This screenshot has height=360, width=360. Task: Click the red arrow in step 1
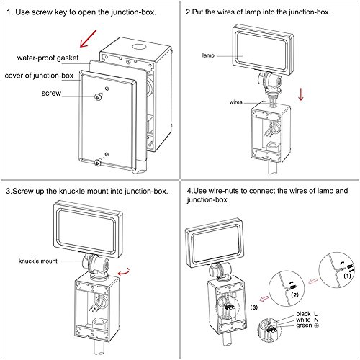coord(88,39)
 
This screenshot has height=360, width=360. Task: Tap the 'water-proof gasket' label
coord(48,58)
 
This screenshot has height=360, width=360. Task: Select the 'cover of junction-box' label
coord(39,76)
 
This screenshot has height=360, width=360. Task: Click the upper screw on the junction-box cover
coord(97,96)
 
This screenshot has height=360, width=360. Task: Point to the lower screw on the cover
coord(98,163)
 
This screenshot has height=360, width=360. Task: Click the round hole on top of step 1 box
coord(138,46)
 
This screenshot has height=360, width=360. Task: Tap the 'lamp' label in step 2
coord(208,55)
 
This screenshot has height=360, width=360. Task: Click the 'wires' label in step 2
coord(235,102)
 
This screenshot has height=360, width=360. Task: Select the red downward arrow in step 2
coord(301,94)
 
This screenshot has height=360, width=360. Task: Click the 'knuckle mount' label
coord(38,261)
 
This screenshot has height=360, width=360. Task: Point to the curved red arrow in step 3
coord(124,272)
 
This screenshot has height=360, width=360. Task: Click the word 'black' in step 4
coord(303,314)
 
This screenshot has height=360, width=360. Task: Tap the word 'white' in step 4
coord(303,320)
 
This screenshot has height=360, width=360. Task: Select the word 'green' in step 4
coord(304,325)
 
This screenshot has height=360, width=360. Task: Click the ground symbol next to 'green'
coord(317,325)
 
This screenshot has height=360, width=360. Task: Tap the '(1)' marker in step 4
coord(347,276)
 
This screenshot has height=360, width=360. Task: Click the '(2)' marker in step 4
coord(294,294)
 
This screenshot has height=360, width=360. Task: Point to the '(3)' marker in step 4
coord(254,307)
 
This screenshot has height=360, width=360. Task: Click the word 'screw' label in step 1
coord(51,93)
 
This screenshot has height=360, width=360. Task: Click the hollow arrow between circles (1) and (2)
coord(312,281)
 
